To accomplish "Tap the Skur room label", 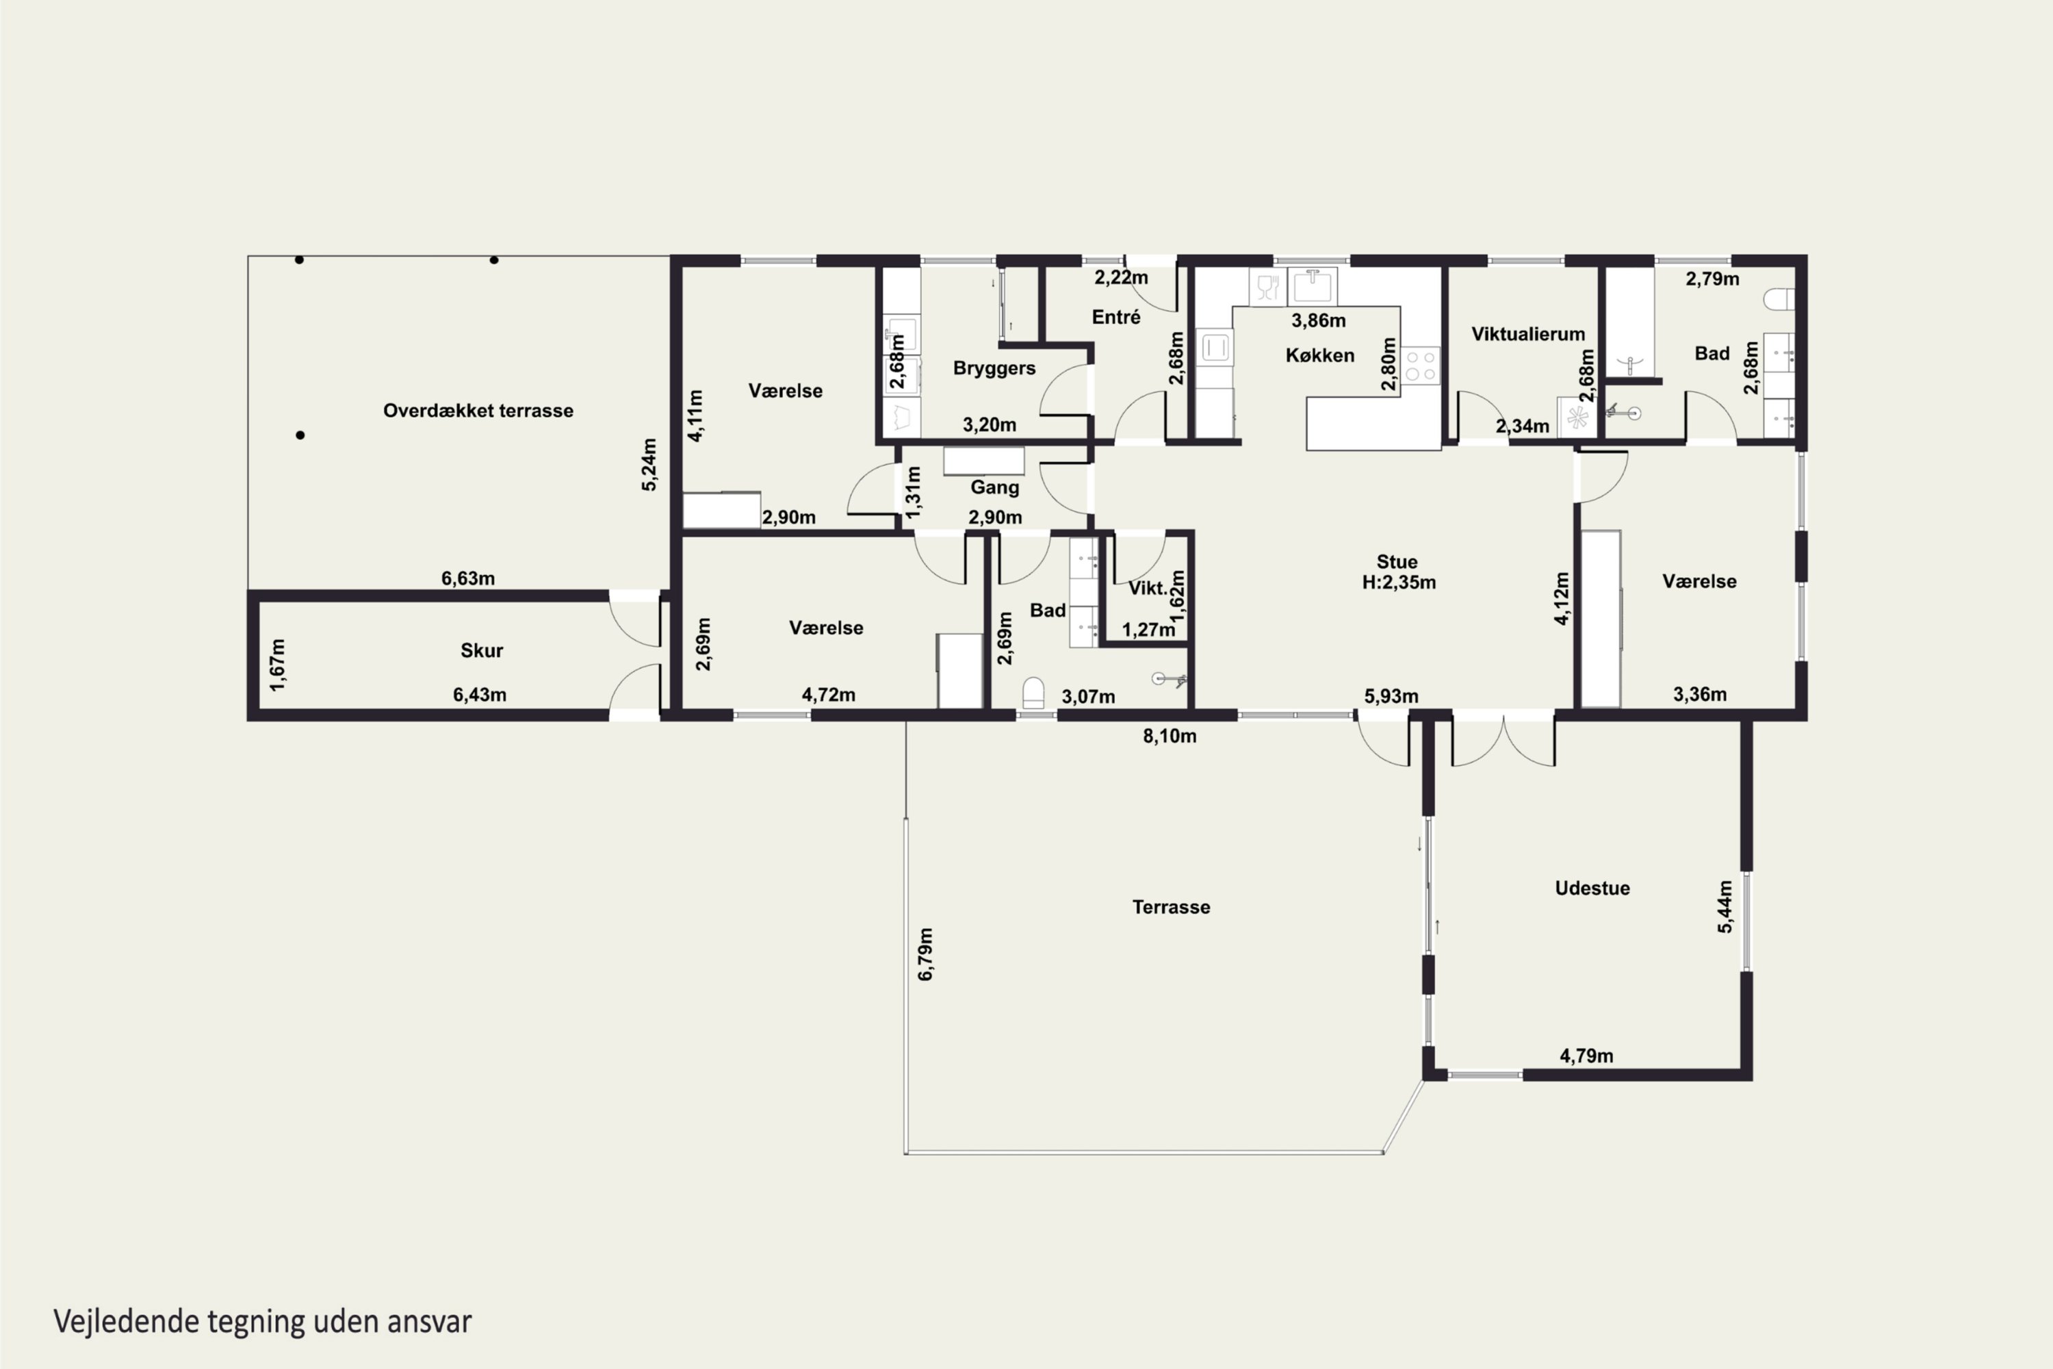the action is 482,650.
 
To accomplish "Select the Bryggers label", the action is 994,368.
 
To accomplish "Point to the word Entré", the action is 1115,317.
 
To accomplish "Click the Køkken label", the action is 1320,355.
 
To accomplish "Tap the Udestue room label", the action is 1592,888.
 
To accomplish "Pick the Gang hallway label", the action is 994,487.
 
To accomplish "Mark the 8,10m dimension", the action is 1170,736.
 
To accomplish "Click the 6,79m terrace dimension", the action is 925,954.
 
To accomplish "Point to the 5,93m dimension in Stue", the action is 1391,696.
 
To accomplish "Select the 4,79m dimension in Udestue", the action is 1586,1055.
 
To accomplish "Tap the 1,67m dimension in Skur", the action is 278,665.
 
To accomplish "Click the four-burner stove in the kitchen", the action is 1420,366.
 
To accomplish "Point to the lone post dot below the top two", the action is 300,435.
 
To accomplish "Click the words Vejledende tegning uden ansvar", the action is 263,1321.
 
